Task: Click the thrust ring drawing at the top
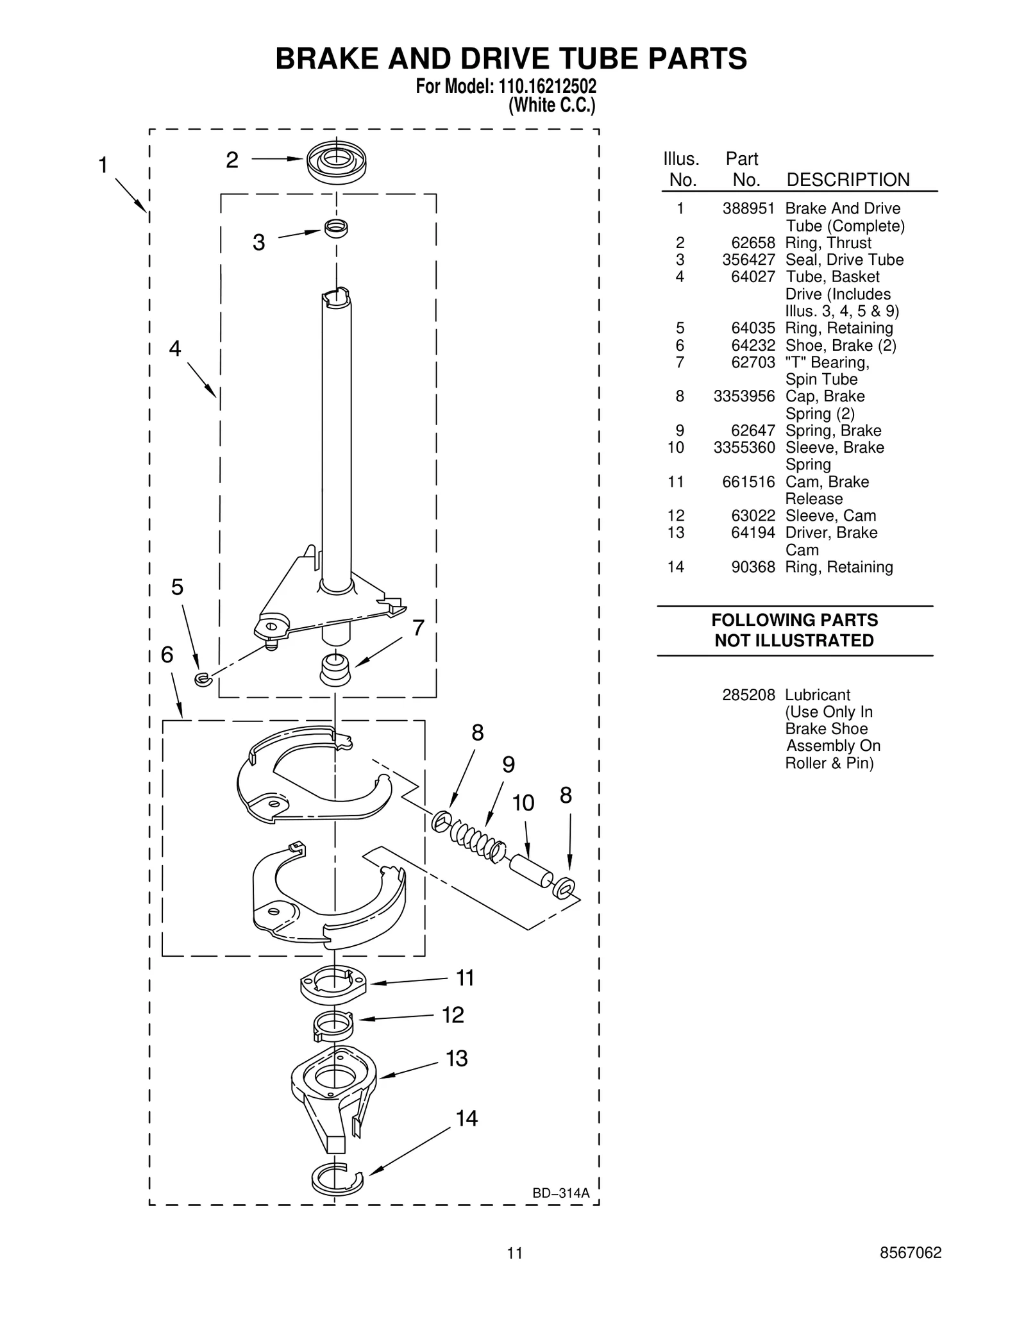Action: tap(336, 160)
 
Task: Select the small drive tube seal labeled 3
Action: tap(336, 228)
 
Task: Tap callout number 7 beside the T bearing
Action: tap(418, 628)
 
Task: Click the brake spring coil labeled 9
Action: tap(476, 840)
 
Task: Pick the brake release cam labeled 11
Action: tap(333, 984)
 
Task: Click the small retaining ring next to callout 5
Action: tap(203, 679)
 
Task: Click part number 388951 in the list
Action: tap(748, 208)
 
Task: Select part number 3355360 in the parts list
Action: tap(744, 448)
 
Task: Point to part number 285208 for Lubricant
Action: tap(748, 695)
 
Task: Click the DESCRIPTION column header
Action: tap(847, 180)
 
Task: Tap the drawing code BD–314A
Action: tap(560, 1193)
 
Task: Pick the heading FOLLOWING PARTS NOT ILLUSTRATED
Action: tap(794, 630)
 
